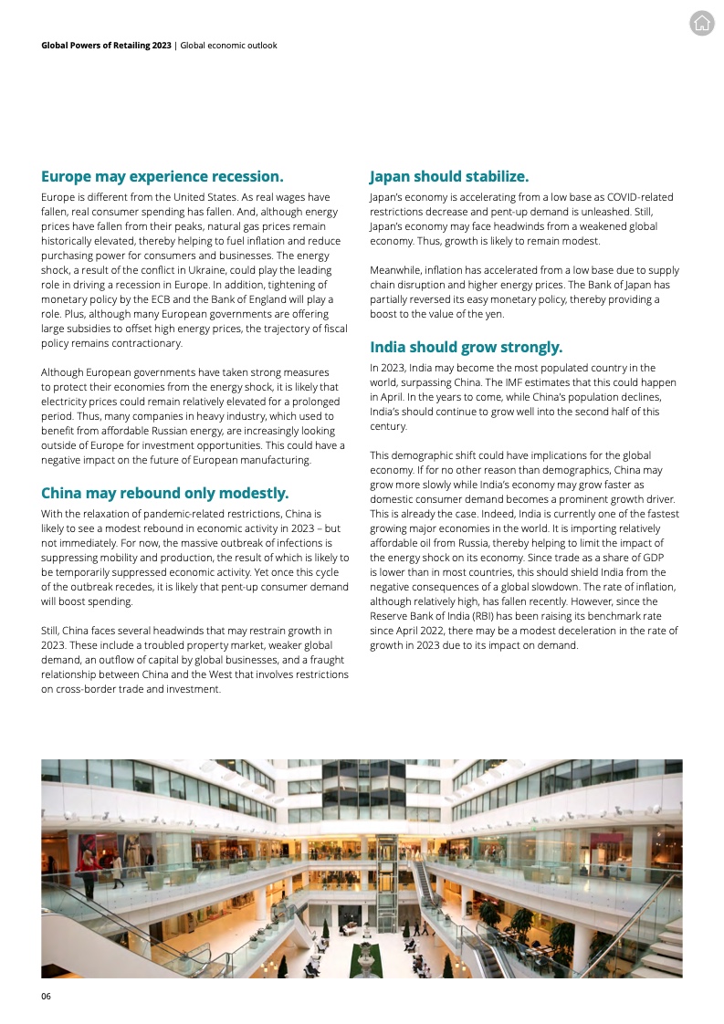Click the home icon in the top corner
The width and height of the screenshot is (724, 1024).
[701, 25]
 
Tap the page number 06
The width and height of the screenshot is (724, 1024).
[46, 996]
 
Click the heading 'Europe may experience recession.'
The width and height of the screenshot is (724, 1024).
[162, 176]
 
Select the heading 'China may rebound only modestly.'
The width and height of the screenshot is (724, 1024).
[164, 494]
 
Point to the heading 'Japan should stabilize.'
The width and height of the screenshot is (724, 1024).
[448, 176]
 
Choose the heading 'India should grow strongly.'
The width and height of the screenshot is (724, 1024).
[466, 347]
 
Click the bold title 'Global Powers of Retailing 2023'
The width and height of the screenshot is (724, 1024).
[106, 45]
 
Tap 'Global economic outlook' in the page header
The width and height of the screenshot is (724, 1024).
[228, 45]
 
